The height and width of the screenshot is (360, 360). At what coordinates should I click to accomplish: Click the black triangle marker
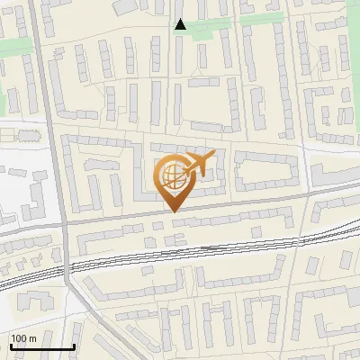point(180,24)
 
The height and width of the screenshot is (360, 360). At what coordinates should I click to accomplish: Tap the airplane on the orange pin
point(199,165)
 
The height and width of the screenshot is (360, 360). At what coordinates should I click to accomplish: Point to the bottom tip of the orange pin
point(174,211)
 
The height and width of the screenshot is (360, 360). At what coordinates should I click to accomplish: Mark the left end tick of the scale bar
point(11,346)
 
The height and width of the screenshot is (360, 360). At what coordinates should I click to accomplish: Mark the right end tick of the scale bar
point(74,346)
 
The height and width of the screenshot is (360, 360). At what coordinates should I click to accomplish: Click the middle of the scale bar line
point(42,347)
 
